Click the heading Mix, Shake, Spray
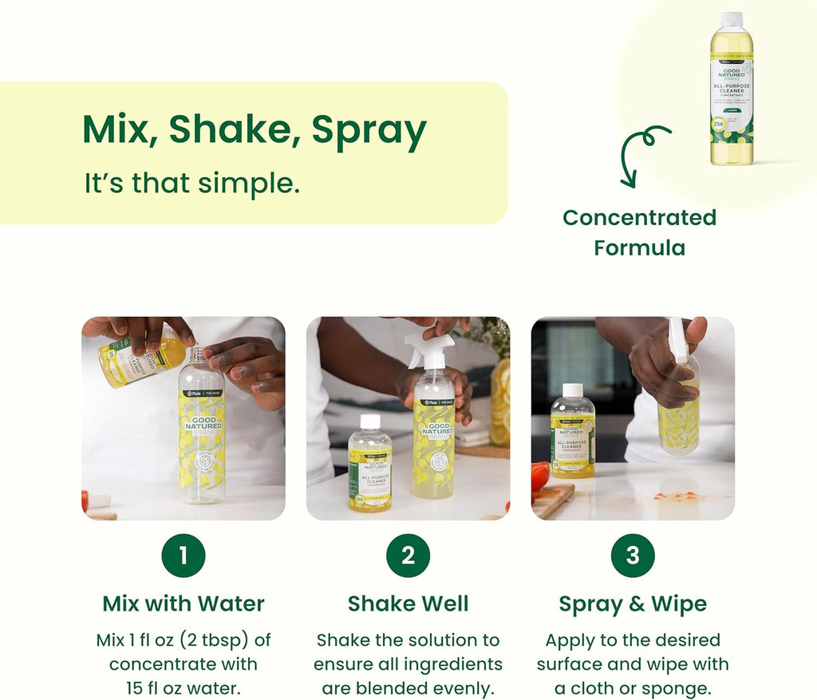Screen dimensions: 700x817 pyautogui.click(x=255, y=129)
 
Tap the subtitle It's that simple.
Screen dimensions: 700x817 pyautogui.click(x=192, y=183)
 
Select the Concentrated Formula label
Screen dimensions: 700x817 pyautogui.click(x=639, y=232)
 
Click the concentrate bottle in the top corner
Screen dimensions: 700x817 pyautogui.click(x=732, y=92)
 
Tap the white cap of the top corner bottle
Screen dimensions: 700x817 pyautogui.click(x=732, y=19)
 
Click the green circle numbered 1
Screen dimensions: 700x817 pyautogui.click(x=183, y=556)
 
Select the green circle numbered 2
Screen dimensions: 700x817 pyautogui.click(x=408, y=556)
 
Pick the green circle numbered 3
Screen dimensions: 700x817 pyautogui.click(x=633, y=556)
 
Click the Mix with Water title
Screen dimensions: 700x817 pyautogui.click(x=183, y=603)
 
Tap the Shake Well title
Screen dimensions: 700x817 pyautogui.click(x=408, y=603)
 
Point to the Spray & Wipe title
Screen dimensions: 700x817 pyautogui.click(x=633, y=603)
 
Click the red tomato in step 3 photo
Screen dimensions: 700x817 pyautogui.click(x=540, y=476)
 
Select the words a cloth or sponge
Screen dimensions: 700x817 pyautogui.click(x=633, y=688)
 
